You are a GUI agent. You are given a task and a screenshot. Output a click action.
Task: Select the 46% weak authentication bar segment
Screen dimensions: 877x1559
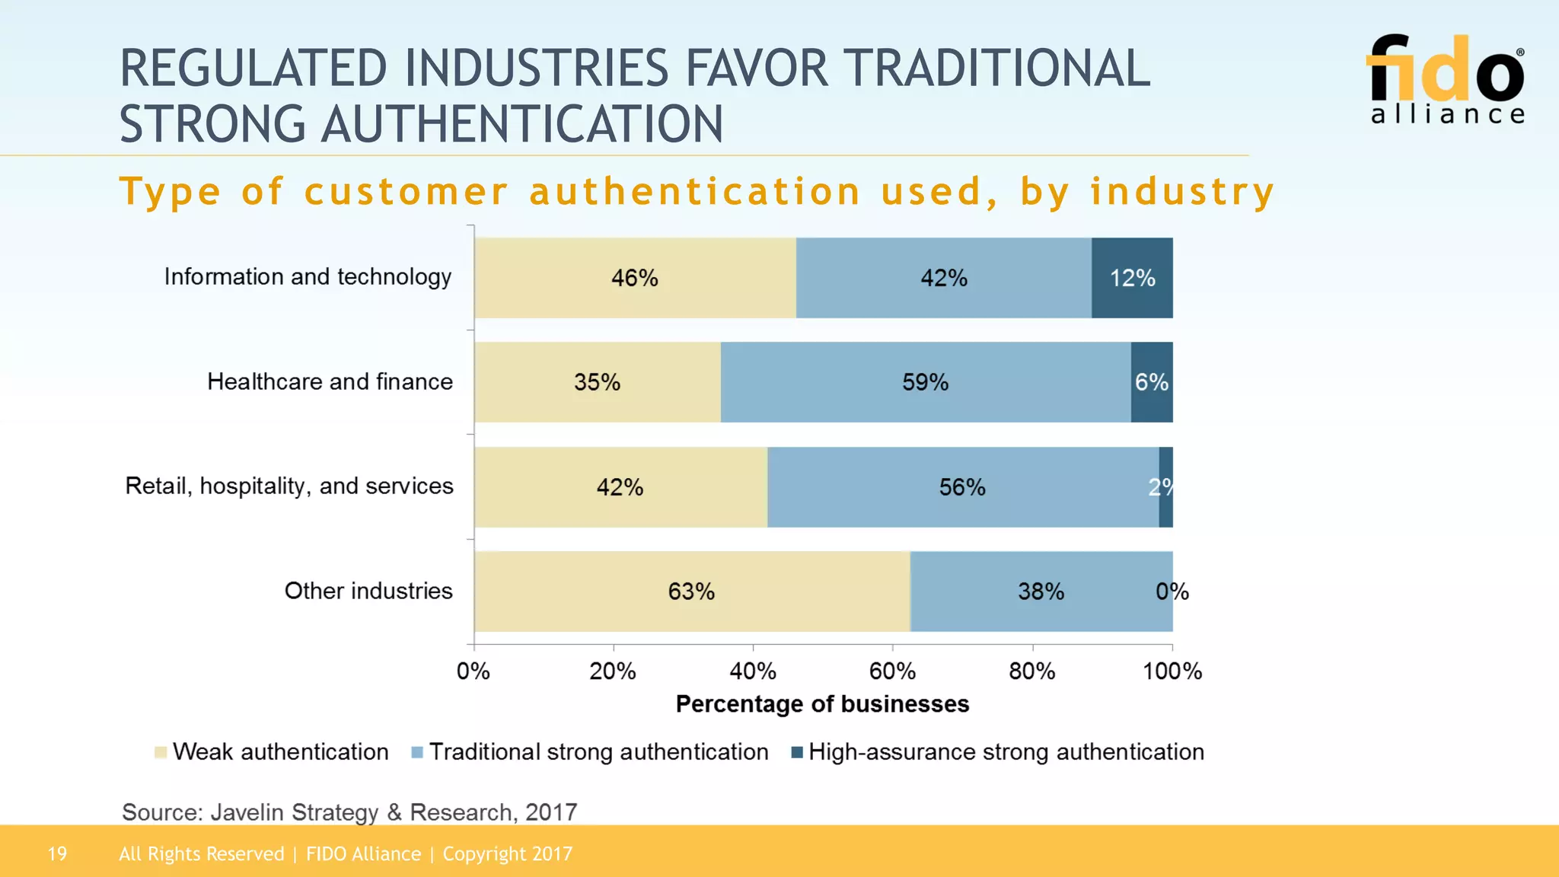point(635,278)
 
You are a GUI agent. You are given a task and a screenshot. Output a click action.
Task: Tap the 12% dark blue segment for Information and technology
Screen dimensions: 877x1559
point(1132,278)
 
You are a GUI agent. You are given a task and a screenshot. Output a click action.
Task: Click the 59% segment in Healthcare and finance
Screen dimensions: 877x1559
point(925,382)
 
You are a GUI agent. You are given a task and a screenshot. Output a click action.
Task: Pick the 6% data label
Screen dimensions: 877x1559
point(1151,382)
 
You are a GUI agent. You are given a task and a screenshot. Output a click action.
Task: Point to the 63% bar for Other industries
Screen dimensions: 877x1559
point(691,592)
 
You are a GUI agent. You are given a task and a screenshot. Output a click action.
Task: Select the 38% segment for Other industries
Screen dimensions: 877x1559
point(1041,592)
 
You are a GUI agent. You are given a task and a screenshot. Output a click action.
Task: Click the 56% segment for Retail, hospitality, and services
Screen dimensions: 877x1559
point(962,487)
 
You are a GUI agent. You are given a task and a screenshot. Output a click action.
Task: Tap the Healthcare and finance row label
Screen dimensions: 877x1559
point(330,381)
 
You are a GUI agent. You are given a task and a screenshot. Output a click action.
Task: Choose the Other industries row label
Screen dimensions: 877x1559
point(368,591)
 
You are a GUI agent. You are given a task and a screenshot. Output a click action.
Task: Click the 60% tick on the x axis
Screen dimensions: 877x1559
point(892,671)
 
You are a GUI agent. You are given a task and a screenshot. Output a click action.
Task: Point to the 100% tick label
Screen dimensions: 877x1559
point(1172,671)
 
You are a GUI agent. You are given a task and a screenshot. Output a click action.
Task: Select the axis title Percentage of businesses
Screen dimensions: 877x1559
point(822,704)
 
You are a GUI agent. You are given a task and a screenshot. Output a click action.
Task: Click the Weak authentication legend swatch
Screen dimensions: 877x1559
point(161,753)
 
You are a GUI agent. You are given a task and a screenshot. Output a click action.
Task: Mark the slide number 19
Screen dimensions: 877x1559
point(57,854)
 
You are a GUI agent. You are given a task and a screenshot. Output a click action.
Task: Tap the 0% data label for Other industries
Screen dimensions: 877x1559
point(1172,592)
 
